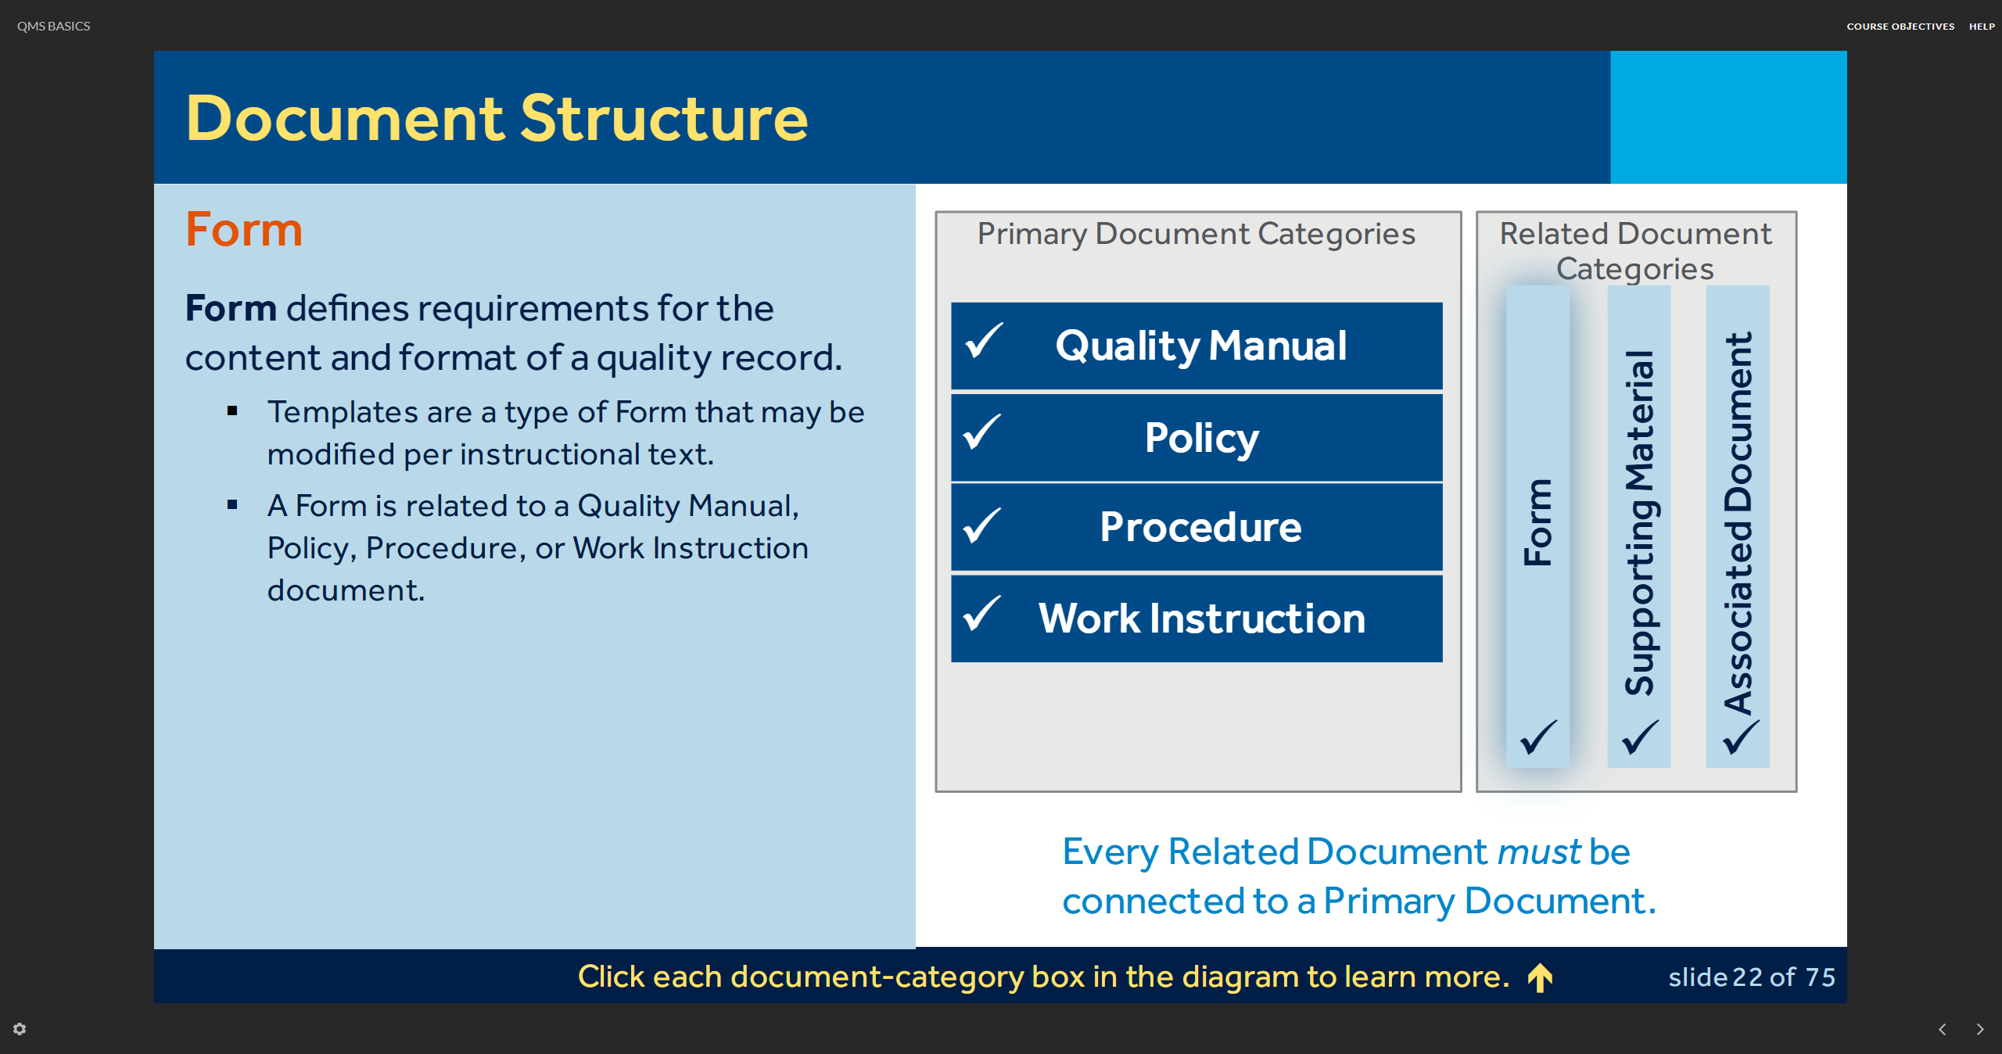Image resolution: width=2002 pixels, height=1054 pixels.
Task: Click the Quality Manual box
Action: [x=1197, y=346]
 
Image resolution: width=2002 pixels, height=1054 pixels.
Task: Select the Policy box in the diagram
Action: [x=1197, y=437]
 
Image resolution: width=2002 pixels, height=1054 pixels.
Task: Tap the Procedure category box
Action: [x=1197, y=527]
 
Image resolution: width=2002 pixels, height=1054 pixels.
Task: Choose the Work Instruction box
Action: [x=1197, y=618]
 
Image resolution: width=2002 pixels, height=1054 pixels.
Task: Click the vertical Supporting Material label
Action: [x=1640, y=522]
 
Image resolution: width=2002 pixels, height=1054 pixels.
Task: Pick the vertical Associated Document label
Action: [x=1738, y=523]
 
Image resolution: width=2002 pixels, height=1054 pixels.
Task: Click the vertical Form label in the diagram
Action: [x=1538, y=522]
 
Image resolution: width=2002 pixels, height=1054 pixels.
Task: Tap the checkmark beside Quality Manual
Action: [x=984, y=340]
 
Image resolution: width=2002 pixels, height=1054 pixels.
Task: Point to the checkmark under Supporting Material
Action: [x=1640, y=737]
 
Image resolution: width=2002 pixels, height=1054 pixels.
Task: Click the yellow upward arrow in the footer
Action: [x=1541, y=977]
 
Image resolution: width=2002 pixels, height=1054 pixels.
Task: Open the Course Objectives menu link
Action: [x=1900, y=27]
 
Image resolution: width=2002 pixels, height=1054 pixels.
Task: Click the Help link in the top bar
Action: [x=1982, y=27]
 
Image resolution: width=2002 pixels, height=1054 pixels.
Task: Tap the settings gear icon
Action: [x=20, y=1029]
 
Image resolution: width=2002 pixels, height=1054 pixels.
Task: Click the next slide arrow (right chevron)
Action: [x=1980, y=1029]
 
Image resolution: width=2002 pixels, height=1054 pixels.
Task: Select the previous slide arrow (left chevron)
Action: [x=1943, y=1029]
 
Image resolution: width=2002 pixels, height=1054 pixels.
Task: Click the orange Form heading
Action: [x=244, y=230]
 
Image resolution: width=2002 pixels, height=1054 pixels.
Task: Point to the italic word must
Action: [x=1539, y=851]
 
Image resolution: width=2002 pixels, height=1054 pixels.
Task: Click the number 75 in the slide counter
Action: [x=1821, y=977]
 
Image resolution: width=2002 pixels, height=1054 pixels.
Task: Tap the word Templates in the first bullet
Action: [x=343, y=413]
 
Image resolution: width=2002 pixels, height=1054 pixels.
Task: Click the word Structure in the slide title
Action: [x=664, y=119]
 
